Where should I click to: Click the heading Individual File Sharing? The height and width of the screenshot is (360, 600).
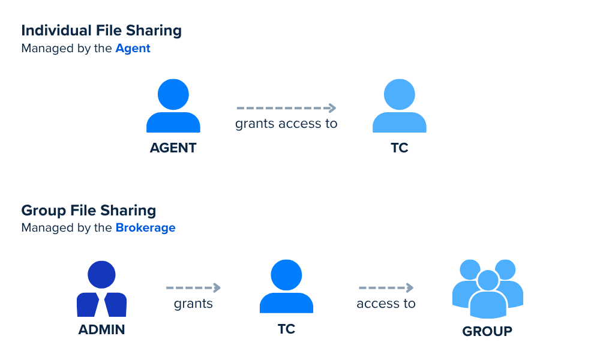[101, 31]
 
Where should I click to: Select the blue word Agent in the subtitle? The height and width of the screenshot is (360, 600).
[133, 49]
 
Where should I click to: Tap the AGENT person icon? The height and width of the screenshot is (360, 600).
[173, 106]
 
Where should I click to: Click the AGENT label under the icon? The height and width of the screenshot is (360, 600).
[173, 148]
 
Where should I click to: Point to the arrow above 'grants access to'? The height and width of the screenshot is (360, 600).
[286, 108]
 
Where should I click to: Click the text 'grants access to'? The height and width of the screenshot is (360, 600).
[286, 124]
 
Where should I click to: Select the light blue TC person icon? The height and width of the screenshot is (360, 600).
[400, 106]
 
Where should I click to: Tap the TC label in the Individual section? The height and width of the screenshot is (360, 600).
[400, 148]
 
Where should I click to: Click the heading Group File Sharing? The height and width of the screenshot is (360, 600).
[89, 211]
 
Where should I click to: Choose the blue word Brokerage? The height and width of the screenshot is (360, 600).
[145, 227]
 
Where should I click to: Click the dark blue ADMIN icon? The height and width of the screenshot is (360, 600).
[102, 289]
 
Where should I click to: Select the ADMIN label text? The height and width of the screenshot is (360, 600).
[102, 329]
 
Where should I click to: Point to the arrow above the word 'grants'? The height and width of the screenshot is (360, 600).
[193, 287]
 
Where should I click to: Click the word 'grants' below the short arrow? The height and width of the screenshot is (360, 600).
[193, 304]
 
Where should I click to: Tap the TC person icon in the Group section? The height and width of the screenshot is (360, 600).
[287, 287]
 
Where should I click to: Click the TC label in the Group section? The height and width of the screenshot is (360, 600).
[287, 329]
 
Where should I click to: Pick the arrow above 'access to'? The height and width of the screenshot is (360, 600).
[386, 287]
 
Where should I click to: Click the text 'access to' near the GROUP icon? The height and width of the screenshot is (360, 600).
[386, 304]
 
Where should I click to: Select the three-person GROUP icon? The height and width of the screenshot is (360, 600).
[488, 289]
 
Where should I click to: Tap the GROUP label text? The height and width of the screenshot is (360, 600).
[487, 331]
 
